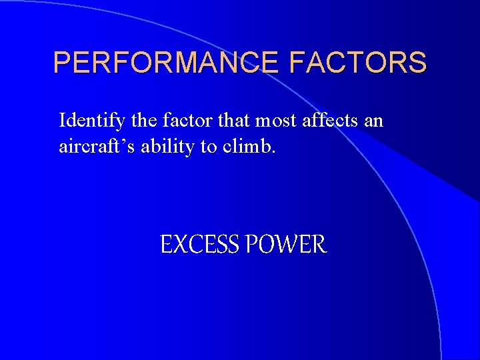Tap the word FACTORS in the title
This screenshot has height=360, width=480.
coord(358,63)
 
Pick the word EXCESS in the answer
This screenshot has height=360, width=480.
coord(199,245)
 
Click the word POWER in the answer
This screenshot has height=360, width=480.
coord(286,245)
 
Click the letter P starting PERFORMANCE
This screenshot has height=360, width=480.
coord(61,63)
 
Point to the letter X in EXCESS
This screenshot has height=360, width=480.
coord(179,245)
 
